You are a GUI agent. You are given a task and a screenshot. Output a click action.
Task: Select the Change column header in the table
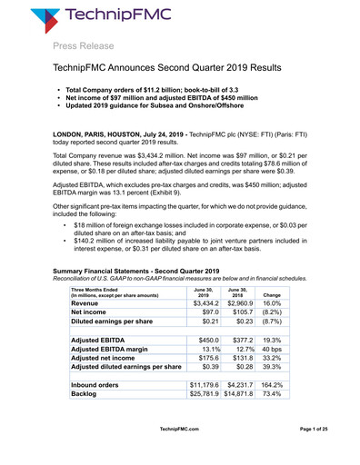[x=272, y=295]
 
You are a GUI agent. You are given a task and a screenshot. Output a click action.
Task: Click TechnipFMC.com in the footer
[x=179, y=452]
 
